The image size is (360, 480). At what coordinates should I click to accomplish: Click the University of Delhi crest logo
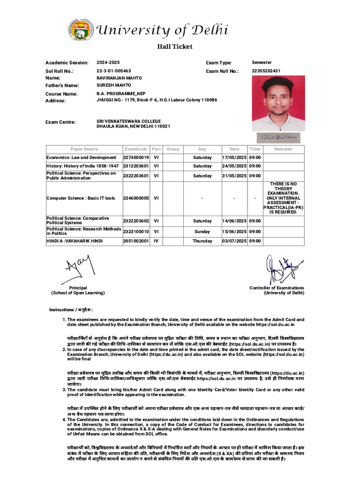(x=80, y=30)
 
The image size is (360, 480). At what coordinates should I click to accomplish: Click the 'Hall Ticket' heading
(x=174, y=46)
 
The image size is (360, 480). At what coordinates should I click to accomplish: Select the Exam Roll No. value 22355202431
(x=266, y=71)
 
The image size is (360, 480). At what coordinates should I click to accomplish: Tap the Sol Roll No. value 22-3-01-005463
(x=114, y=71)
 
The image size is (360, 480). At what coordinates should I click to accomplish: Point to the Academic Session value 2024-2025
(x=108, y=62)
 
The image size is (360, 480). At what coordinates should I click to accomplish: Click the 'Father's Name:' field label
(x=62, y=86)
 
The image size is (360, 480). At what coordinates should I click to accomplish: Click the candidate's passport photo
(x=278, y=103)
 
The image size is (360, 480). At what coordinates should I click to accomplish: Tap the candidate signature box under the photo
(x=278, y=138)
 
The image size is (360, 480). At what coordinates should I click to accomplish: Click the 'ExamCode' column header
(x=136, y=149)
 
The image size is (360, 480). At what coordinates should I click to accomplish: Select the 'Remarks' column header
(x=283, y=149)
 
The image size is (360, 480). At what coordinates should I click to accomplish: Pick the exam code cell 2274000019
(x=136, y=157)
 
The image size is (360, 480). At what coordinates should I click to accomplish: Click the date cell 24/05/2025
(x=234, y=166)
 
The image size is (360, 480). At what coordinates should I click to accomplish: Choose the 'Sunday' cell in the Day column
(x=202, y=232)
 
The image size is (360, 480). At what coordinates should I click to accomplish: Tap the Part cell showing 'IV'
(x=156, y=241)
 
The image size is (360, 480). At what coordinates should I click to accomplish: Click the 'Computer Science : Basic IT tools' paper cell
(x=81, y=198)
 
